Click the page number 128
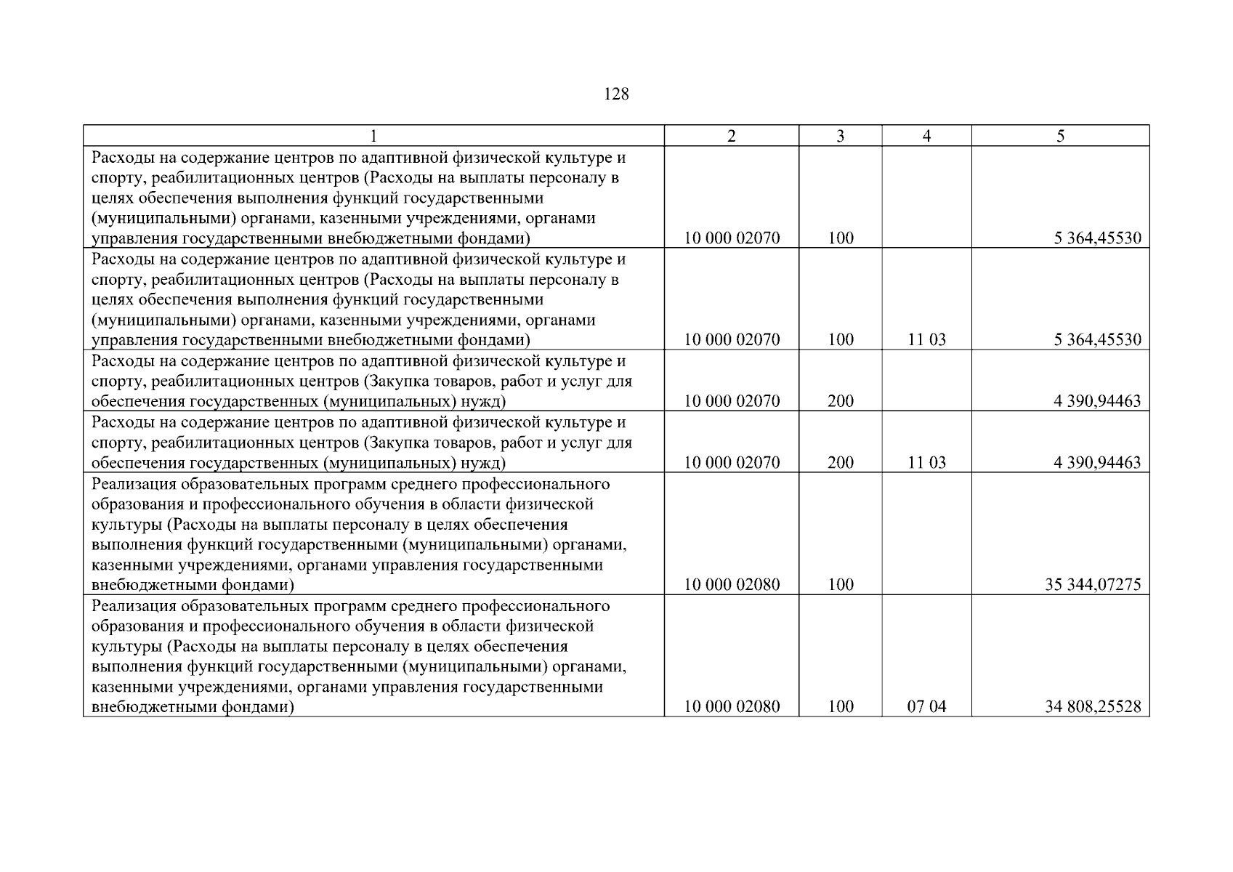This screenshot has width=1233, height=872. point(616,94)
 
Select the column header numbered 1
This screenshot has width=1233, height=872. point(373,136)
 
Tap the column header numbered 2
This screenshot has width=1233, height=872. point(731,136)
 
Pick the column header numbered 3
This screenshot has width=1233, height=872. point(840,136)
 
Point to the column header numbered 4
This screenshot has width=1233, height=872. point(926,136)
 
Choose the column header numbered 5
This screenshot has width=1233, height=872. point(1060,136)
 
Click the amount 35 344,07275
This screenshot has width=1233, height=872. point(1093,584)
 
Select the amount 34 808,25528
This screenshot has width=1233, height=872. point(1093,706)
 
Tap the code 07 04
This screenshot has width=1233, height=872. point(926,706)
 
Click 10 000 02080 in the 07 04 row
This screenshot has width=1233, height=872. point(732,706)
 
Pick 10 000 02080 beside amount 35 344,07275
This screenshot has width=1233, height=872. point(732,584)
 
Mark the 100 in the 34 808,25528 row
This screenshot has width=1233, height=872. point(841,706)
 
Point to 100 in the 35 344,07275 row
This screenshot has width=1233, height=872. point(841,584)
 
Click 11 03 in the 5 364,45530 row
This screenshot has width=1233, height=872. point(926,340)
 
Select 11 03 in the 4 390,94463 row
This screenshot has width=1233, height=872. point(926,463)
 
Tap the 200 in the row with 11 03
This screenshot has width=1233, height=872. point(841,463)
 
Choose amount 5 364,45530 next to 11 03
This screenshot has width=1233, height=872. point(1097,340)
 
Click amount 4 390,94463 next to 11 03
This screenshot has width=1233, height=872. point(1097,463)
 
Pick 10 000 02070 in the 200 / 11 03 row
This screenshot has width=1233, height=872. point(732,463)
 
